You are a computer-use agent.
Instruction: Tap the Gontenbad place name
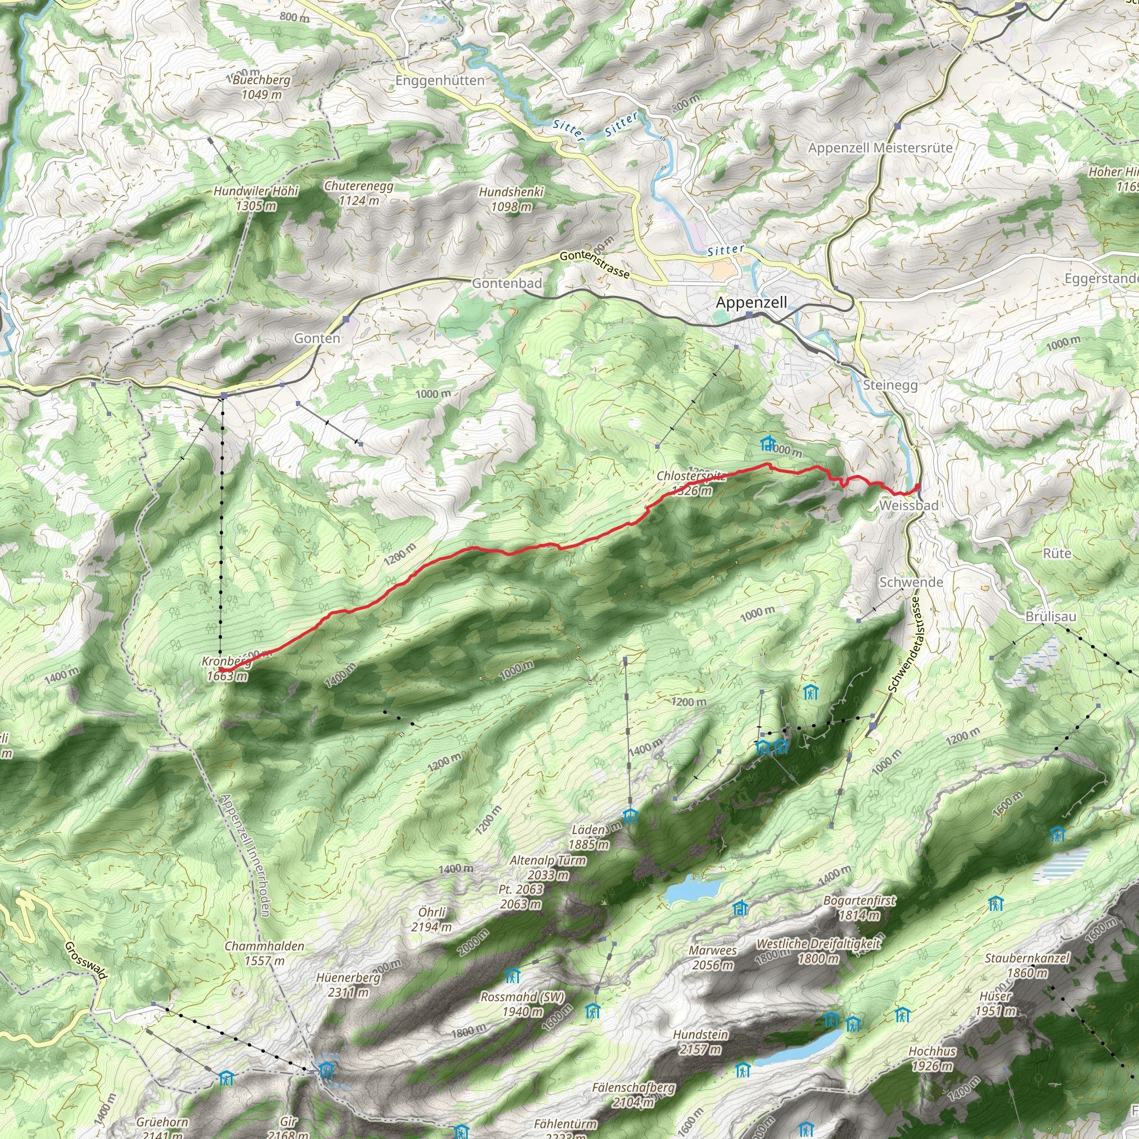coord(507,284)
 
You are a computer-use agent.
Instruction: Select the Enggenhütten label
coord(440,81)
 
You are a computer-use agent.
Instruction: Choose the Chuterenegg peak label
coord(359,186)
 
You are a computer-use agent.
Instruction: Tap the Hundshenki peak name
coord(511,192)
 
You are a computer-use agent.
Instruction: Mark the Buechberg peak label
coord(261,80)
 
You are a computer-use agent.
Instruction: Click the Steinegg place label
coord(890,385)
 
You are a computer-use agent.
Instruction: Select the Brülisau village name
coord(1051,617)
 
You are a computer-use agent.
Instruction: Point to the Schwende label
coord(911,582)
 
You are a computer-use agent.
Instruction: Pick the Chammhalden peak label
coord(264,946)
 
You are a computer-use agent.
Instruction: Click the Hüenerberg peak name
coord(348,978)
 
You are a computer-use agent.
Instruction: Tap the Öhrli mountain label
coord(432,912)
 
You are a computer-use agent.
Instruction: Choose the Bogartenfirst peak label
coord(859,901)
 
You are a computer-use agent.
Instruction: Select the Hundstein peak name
coord(701,1035)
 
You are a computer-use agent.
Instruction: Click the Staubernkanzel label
coord(1027,959)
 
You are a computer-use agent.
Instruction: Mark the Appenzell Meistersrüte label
coord(880,148)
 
